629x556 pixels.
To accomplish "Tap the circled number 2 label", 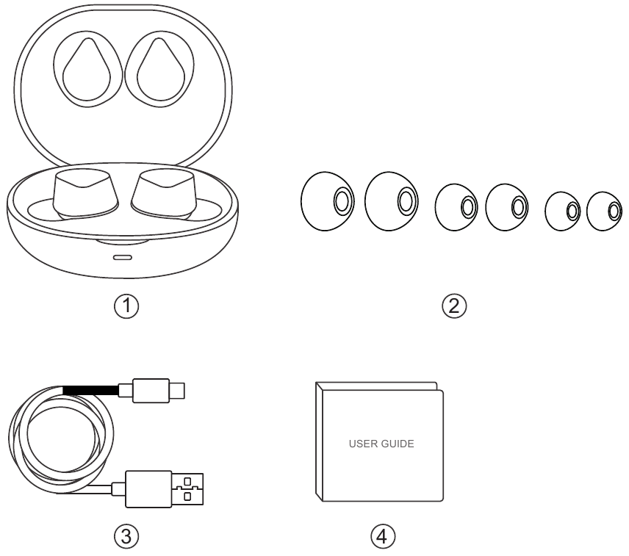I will coord(459,304).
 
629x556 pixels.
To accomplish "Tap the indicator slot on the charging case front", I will coord(122,258).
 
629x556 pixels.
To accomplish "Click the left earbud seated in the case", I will coord(84,190).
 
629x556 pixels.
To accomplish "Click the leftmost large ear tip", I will coord(328,199).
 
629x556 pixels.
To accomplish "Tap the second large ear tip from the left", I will coord(392,199).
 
